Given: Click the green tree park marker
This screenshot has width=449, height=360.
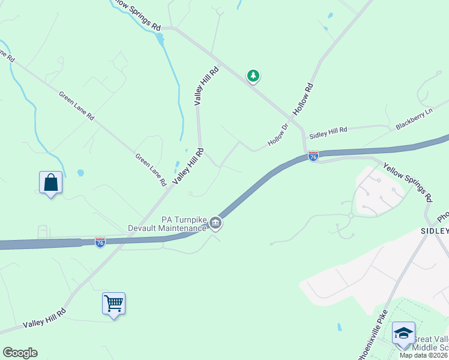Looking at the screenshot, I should point(253,76).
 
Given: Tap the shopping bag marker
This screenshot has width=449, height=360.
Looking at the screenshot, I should point(51,182).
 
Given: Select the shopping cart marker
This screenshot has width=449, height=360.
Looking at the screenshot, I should point(113,303).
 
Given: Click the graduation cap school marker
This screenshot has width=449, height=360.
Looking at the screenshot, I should point(403,333).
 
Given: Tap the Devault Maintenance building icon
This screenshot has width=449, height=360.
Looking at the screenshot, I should point(215,224).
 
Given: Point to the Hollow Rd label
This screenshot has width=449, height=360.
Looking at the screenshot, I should point(303,100).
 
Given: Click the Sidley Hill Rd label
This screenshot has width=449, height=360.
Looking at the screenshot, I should point(328,130).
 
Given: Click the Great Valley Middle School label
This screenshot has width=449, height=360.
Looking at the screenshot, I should point(430,341).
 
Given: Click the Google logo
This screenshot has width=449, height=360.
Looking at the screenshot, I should point(20,353).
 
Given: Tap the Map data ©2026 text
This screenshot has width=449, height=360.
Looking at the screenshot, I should point(424,355).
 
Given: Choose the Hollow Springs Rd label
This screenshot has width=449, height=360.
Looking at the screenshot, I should point(137,16).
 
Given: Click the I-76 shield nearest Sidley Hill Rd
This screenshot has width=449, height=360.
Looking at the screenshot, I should point(313,156).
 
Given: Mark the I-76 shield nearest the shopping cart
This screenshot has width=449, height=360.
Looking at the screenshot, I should point(100,242).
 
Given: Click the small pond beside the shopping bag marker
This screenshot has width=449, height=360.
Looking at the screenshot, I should point(80,173).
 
